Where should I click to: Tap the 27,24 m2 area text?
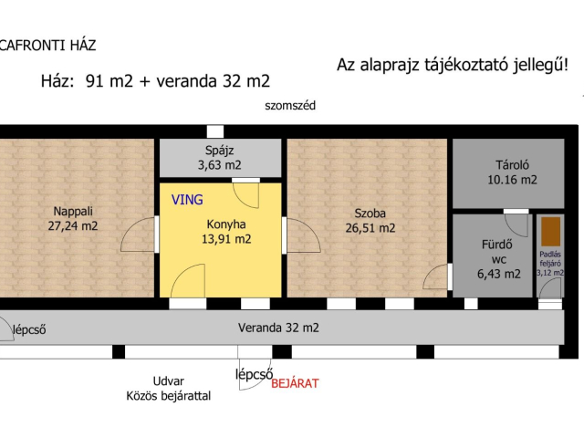(73, 225)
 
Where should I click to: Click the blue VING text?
(187, 198)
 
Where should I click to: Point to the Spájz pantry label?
(221, 151)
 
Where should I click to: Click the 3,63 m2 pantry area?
(221, 165)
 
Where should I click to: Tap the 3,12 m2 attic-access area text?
(550, 272)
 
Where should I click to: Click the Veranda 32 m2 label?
(279, 327)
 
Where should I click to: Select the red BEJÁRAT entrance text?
(295, 383)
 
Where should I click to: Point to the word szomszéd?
(290, 106)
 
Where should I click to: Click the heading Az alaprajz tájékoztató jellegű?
(452, 65)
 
